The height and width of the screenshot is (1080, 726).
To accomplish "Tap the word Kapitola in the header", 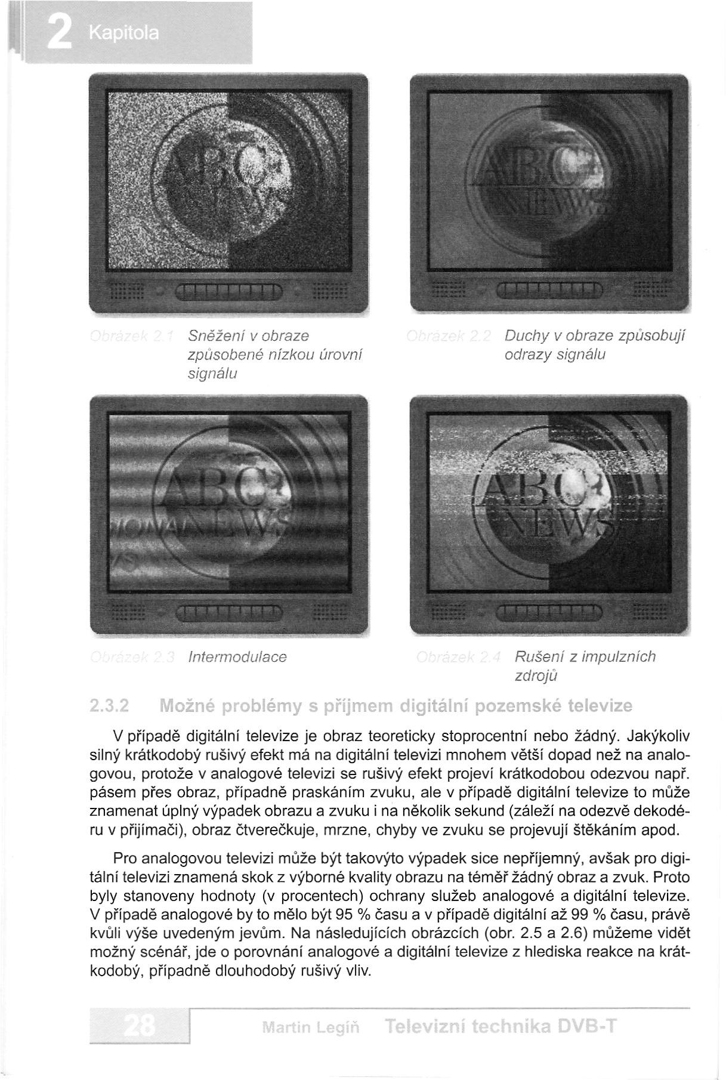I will coord(123,33).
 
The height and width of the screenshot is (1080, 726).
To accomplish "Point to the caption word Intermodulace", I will coord(237,657).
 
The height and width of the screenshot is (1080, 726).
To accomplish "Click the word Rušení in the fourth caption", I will coord(535,657).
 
